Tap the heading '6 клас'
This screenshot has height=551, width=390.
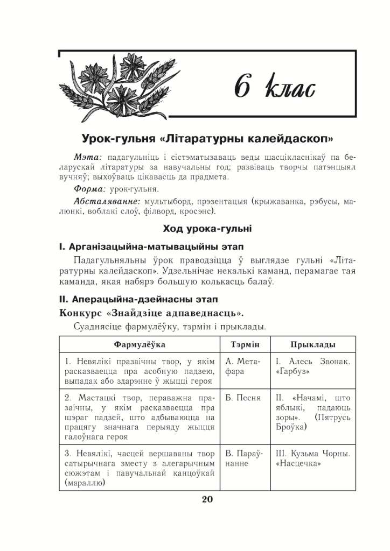pos(275,88)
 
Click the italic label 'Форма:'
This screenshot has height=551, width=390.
pos(90,189)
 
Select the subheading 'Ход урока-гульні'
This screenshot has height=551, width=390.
pos(207,229)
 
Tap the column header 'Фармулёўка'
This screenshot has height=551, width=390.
pos(140,344)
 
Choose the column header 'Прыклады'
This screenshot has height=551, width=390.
pos(313,344)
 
